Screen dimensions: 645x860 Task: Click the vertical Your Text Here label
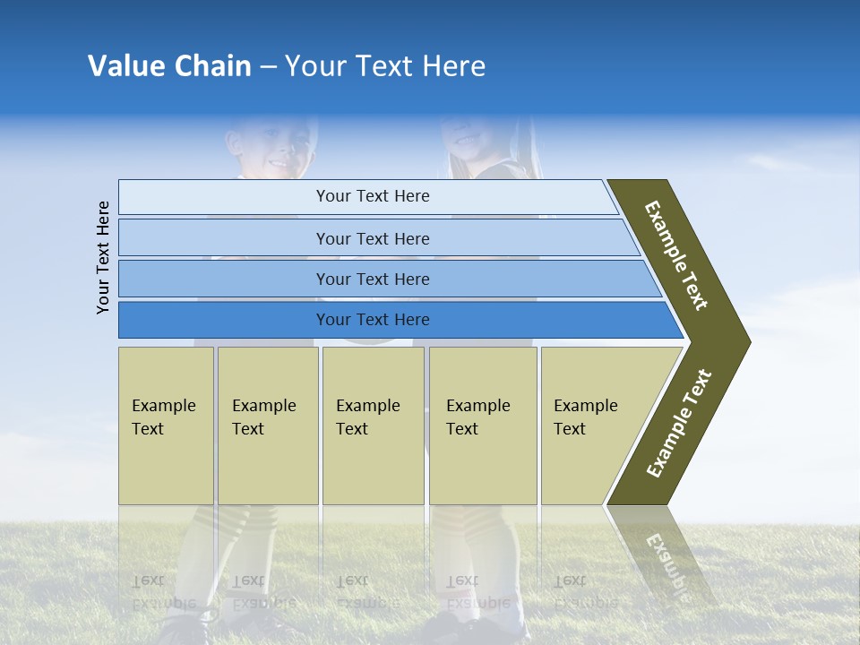(103, 257)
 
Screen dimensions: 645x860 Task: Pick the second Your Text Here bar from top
(373, 238)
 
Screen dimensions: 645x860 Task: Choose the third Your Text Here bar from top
(373, 279)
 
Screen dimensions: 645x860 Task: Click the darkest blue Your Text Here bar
(373, 320)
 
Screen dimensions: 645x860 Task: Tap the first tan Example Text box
(166, 426)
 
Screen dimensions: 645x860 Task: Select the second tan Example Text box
(267, 426)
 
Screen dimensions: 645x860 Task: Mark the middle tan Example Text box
(373, 426)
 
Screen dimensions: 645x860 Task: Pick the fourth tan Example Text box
(483, 426)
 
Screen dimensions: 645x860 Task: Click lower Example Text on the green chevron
(679, 424)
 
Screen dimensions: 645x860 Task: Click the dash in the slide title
(268, 67)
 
